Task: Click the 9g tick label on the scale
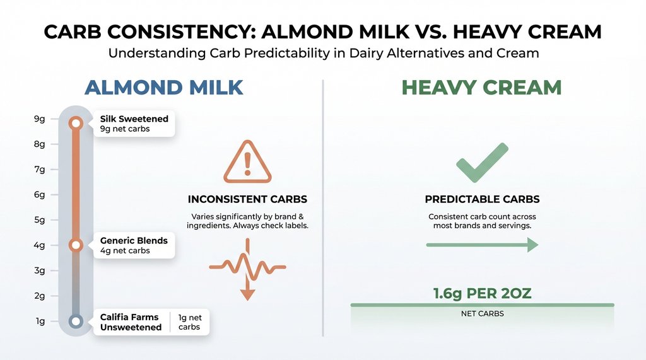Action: pyautogui.click(x=39, y=119)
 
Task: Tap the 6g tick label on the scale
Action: pyautogui.click(x=39, y=195)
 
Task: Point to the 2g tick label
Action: pyautogui.click(x=39, y=296)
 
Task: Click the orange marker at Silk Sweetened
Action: pyautogui.click(x=76, y=123)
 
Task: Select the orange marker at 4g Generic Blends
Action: pyautogui.click(x=76, y=245)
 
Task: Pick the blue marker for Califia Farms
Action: pyautogui.click(x=76, y=322)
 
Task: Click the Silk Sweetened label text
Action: pyautogui.click(x=134, y=119)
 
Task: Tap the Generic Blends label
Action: pyautogui.click(x=134, y=241)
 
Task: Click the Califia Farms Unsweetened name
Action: pyautogui.click(x=131, y=322)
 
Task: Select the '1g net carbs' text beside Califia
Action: pyautogui.click(x=190, y=322)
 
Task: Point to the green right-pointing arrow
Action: pyautogui.click(x=482, y=245)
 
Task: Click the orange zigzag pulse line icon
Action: pyautogui.click(x=247, y=267)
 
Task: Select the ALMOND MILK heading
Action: pyautogui.click(x=163, y=87)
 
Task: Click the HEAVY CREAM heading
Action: pyautogui.click(x=481, y=87)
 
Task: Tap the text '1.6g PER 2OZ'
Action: pyautogui.click(x=482, y=294)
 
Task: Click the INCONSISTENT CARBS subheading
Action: pyautogui.click(x=247, y=199)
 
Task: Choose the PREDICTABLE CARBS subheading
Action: pyautogui.click(x=482, y=199)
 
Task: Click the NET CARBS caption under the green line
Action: pyautogui.click(x=482, y=313)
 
